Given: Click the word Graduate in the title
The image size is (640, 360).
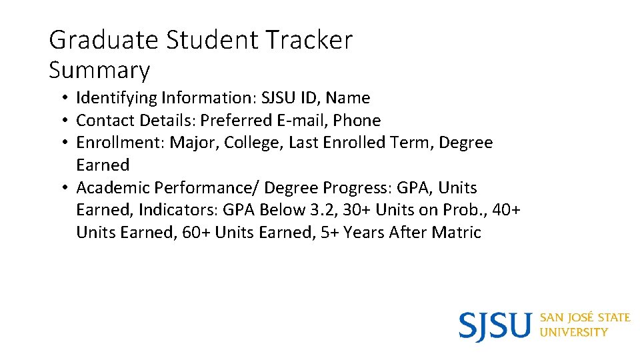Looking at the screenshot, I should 104,41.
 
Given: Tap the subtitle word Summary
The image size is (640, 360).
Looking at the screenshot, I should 99,70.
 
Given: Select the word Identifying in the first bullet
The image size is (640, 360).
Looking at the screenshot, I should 116,98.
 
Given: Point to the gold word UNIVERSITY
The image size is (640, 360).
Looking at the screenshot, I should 574,332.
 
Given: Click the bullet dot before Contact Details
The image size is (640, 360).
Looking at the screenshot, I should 61,121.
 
